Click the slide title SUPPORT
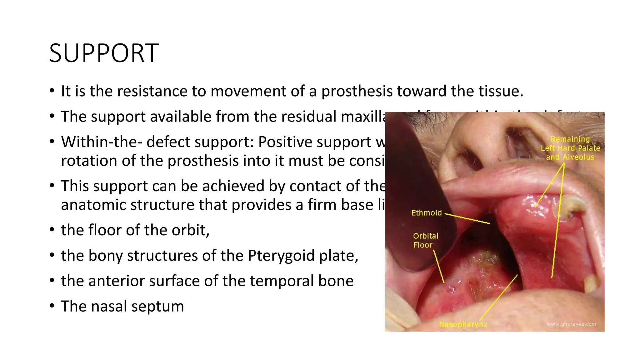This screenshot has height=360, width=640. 104,53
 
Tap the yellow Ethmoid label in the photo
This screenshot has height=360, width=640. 426,213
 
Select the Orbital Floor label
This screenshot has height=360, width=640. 425,240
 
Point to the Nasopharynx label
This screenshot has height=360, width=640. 463,324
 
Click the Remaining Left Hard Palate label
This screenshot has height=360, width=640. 570,148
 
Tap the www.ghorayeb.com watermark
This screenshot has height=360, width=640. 571,324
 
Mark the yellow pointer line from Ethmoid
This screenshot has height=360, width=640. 467,219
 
